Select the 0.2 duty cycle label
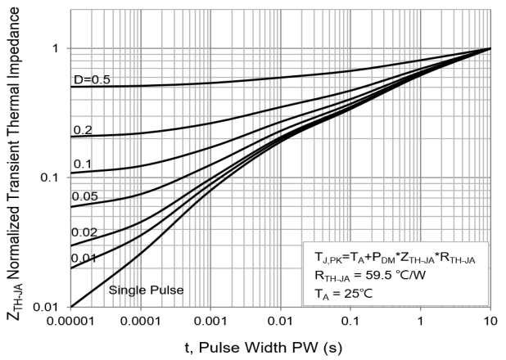pyautogui.click(x=83, y=129)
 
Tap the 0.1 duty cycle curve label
pyautogui.click(x=83, y=164)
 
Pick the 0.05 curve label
pyautogui.click(x=86, y=196)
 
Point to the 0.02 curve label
pyautogui.click(x=86, y=232)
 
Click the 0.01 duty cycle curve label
pyautogui.click(x=86, y=259)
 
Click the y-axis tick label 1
pyautogui.click(x=54, y=49)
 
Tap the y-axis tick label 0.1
pyautogui.click(x=47, y=178)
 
